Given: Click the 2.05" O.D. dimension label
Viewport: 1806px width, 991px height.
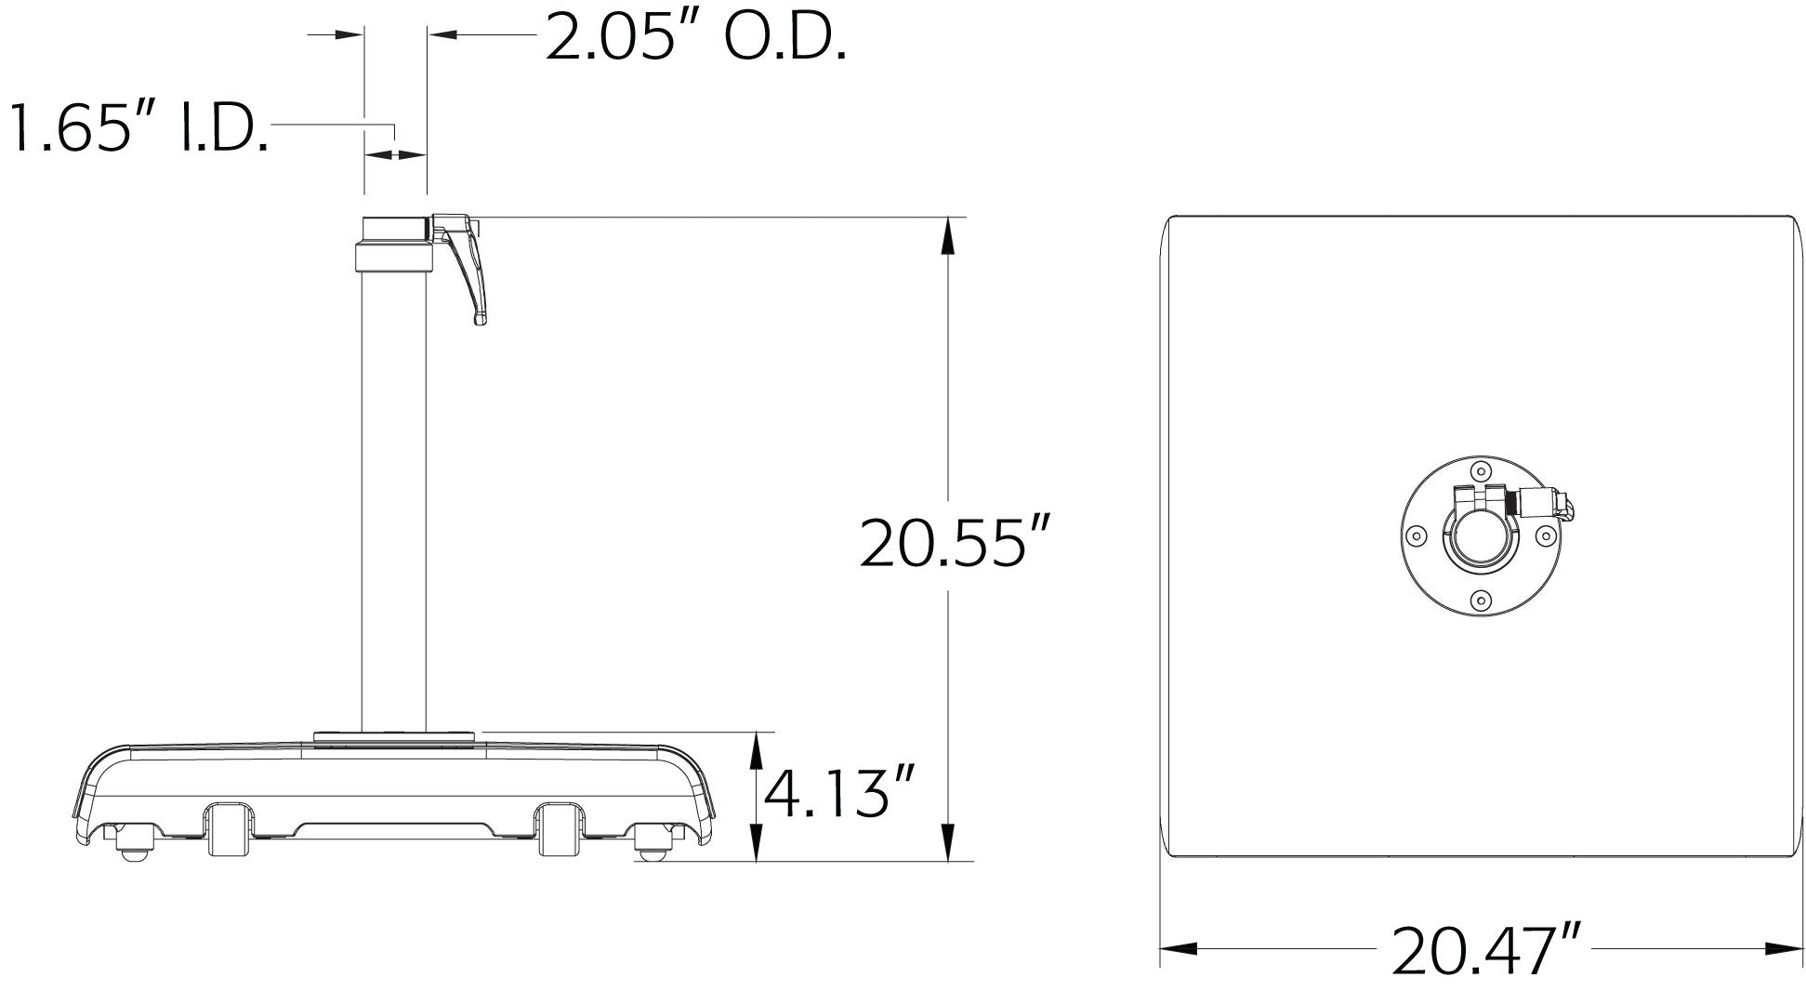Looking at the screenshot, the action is coord(695,38).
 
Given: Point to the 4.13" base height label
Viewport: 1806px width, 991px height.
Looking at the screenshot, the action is coord(839,792).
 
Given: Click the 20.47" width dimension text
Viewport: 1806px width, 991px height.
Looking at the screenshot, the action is coord(1486,949).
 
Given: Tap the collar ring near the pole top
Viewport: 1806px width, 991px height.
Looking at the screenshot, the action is coord(394,258).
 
